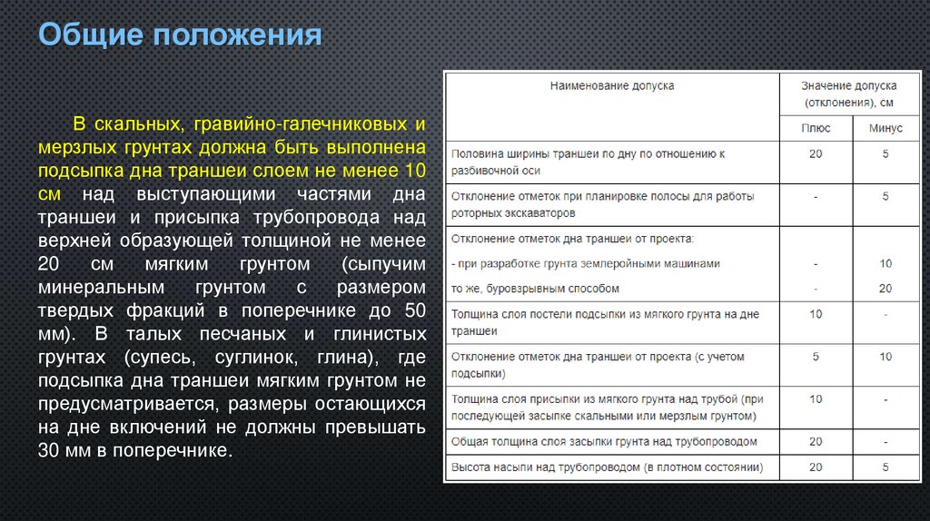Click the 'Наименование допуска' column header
pos(612,86)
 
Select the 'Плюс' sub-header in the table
pos(815,129)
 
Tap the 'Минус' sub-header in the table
pos(885,129)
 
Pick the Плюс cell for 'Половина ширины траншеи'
pos(815,154)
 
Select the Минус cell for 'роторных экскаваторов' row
pos(885,196)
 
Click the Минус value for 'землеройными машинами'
pos(885,263)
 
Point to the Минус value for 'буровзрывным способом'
pos(885,289)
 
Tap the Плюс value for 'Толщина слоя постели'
pos(815,314)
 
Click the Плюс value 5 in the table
pos(815,357)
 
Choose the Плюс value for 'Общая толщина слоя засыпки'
pos(815,442)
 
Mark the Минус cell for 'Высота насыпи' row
pos(885,468)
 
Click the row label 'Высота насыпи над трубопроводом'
pos(607,468)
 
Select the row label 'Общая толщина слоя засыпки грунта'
pos(604,442)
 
